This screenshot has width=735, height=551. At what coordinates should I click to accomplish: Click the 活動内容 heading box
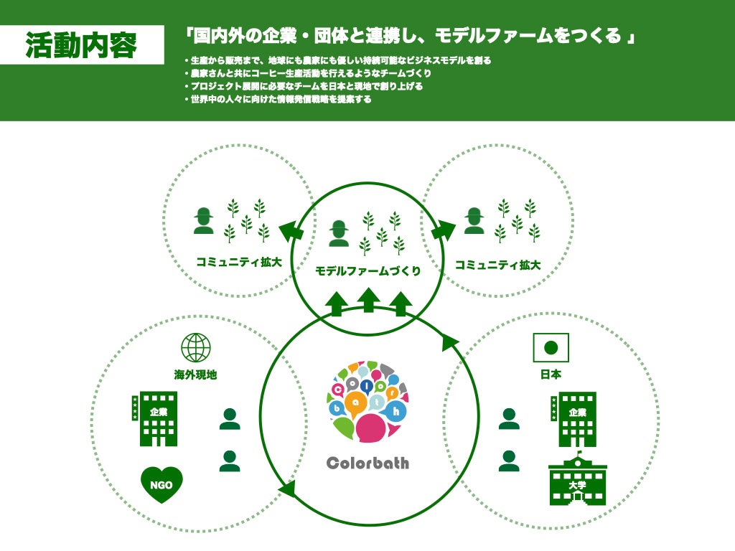coord(81,44)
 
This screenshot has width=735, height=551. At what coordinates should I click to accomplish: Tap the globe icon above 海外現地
coord(195,347)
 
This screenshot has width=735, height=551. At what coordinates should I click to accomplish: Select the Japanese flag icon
coord(551,348)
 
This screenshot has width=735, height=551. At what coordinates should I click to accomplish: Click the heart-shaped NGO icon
coord(161,484)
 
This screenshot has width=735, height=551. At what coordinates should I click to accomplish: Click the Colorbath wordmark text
coord(367,463)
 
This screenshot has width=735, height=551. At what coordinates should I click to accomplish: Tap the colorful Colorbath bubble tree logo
coord(367,402)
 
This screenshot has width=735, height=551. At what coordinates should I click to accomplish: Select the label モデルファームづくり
coord(367,271)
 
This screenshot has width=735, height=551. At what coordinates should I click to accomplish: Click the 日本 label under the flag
coord(551,374)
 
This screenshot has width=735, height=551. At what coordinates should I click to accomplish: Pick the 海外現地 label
coord(195,374)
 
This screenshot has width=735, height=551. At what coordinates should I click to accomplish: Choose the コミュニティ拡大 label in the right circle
coord(497,265)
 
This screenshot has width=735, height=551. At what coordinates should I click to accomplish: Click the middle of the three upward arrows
coord(368,299)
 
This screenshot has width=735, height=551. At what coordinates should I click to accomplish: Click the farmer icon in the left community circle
coord(204,220)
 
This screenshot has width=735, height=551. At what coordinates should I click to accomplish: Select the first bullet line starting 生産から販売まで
coord(337,60)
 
